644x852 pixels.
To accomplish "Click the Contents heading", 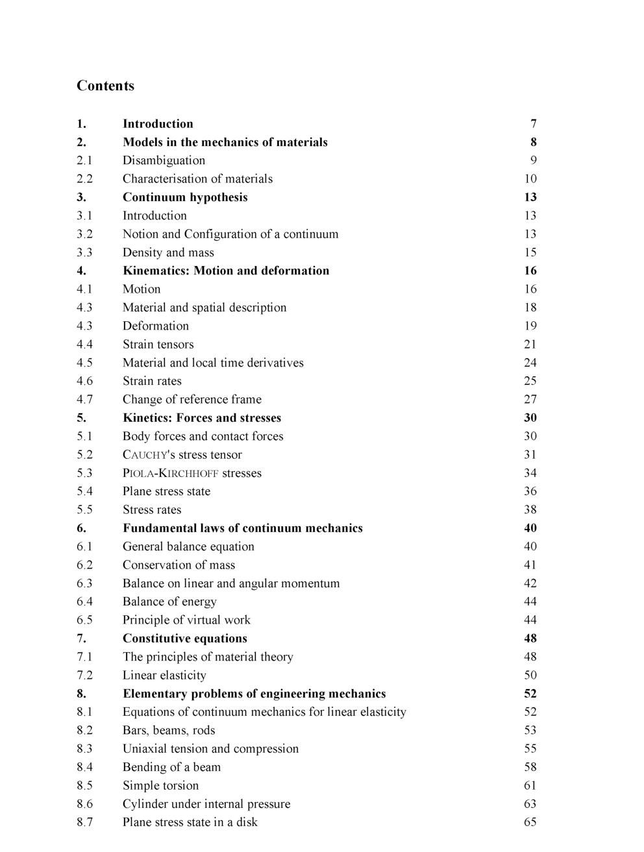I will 105,86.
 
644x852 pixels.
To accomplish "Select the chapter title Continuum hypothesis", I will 185,197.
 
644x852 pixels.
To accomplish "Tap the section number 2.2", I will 84,179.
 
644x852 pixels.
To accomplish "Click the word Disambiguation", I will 164,161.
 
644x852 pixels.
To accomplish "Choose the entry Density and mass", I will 168,252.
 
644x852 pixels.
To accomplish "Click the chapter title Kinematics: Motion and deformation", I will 226,271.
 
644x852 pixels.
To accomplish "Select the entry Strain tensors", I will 158,345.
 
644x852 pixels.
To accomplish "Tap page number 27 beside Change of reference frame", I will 530,400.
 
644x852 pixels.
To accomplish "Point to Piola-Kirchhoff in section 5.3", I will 170,473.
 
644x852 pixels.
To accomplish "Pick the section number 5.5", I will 84,510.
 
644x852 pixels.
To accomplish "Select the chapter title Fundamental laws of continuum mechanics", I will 242,528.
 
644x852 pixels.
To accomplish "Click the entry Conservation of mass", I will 179,565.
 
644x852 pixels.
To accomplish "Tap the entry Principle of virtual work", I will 186,620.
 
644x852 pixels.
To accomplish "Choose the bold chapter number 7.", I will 81,639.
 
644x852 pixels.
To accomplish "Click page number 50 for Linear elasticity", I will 530,676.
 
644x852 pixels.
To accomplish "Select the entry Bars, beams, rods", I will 169,731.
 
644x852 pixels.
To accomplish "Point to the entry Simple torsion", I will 160,786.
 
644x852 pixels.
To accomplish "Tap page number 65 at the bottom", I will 530,823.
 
